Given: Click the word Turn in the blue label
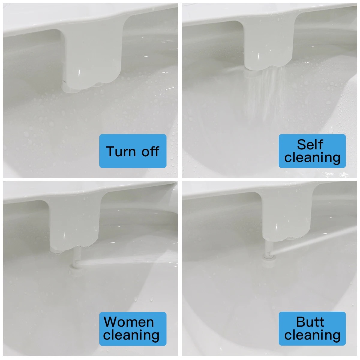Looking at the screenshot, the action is [x=121, y=151].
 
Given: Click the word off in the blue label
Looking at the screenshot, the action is [x=150, y=151].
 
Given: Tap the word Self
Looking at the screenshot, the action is [x=310, y=144].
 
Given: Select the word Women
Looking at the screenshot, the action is [x=129, y=322].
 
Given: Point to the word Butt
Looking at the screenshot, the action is [x=310, y=322].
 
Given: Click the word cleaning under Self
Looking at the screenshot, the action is [x=312, y=157].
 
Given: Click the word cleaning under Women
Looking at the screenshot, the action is [x=131, y=335].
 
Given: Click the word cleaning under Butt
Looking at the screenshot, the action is [x=312, y=335].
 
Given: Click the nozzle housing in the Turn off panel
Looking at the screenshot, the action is [x=91, y=56].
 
